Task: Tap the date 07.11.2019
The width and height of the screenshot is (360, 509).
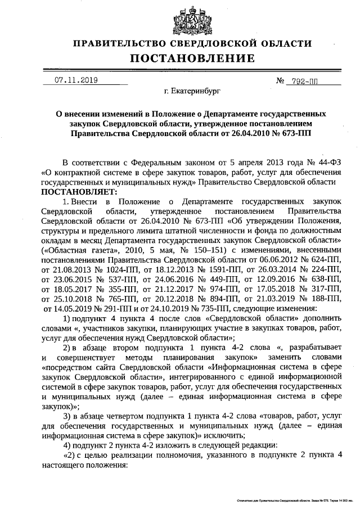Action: coord(76,80)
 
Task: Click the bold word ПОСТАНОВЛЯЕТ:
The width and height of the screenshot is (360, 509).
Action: coord(75,191)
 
